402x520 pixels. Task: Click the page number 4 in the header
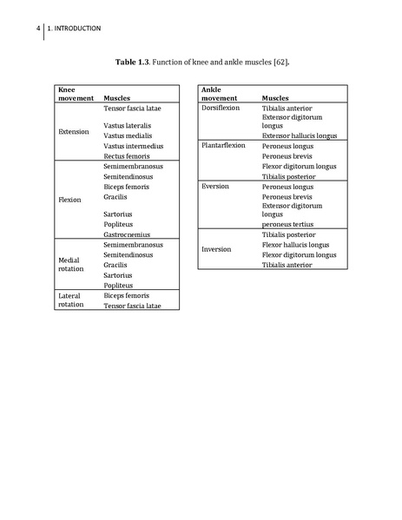(x=38, y=28)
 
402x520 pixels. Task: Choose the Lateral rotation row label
(x=69, y=300)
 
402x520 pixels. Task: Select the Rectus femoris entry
(x=127, y=156)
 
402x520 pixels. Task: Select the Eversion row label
(x=215, y=186)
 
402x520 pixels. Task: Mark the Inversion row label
(x=216, y=249)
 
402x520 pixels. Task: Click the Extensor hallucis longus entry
(x=300, y=135)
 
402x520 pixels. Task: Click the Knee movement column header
(x=75, y=94)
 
